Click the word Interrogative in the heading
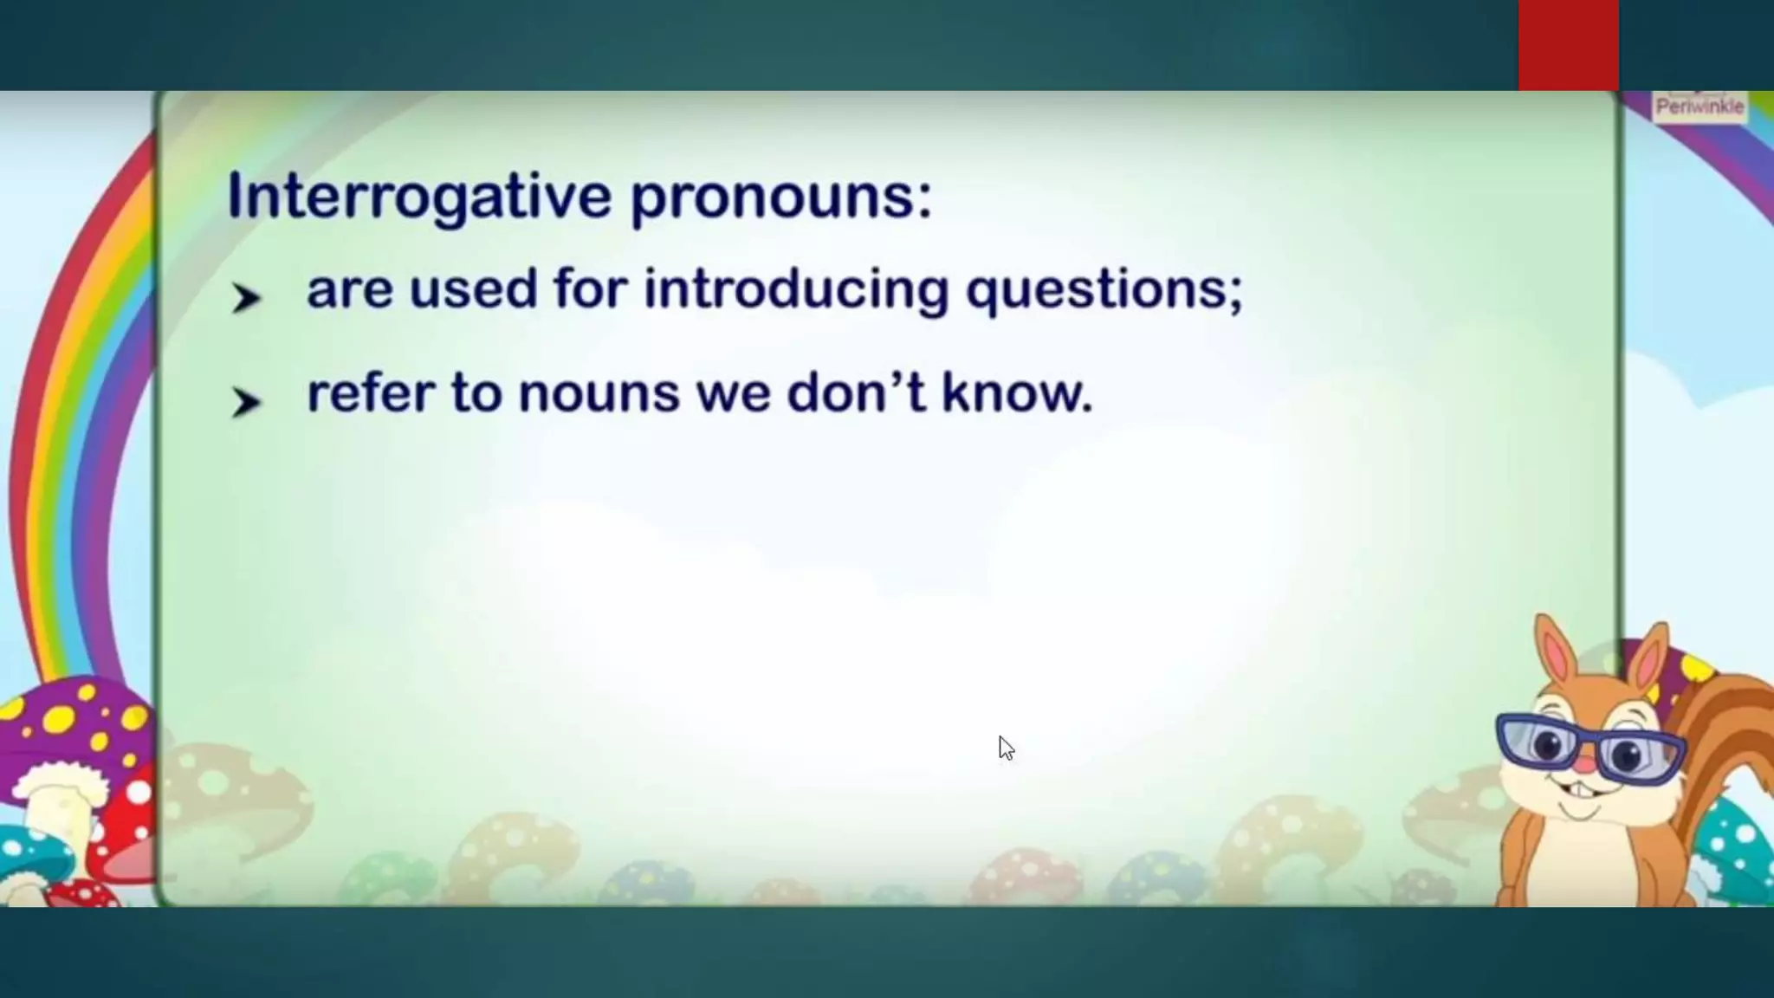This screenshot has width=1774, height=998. tap(419, 198)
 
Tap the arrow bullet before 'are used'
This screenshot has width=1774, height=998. tap(245, 298)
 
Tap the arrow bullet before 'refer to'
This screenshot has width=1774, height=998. tap(245, 402)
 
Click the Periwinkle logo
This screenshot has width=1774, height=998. tap(1699, 107)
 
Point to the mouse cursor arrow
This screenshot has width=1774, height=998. tap(1005, 748)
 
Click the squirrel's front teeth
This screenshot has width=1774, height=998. tap(1582, 791)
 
